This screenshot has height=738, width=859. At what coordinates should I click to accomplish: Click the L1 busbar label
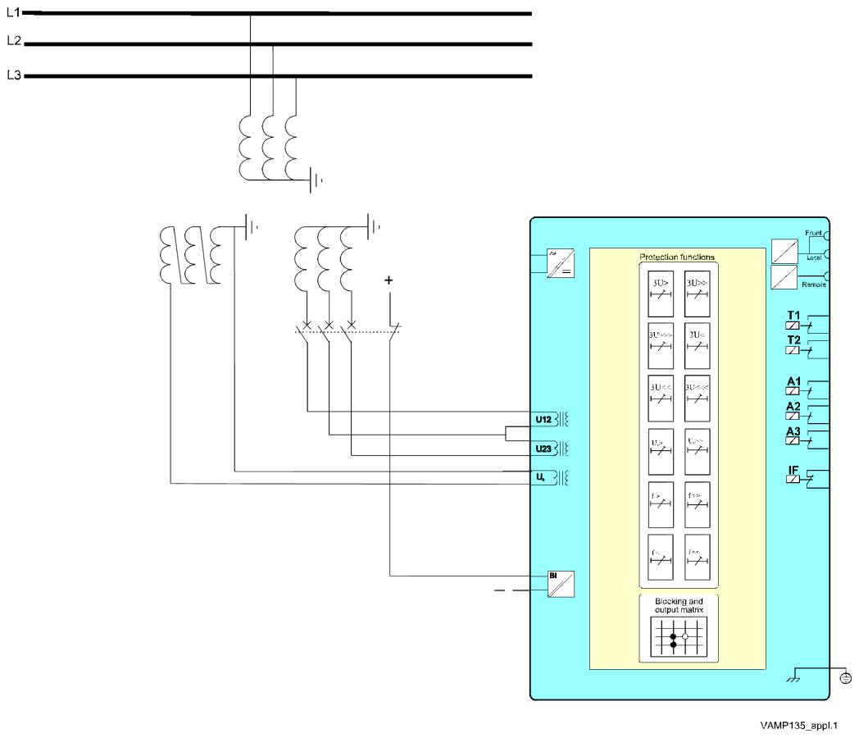(x=12, y=12)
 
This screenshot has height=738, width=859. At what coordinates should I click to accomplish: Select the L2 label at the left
(x=12, y=41)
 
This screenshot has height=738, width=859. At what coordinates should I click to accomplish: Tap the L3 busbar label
(x=12, y=75)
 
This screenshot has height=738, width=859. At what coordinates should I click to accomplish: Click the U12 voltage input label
(x=543, y=420)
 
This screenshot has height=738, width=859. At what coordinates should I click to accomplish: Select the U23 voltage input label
(x=543, y=449)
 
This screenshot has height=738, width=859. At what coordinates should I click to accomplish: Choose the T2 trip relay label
(x=793, y=340)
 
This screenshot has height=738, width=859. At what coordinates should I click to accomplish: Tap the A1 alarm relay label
(x=793, y=382)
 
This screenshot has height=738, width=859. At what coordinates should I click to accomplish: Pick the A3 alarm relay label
(x=793, y=431)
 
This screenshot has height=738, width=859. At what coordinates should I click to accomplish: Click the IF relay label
(x=793, y=470)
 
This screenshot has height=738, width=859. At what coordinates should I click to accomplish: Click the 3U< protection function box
(x=698, y=345)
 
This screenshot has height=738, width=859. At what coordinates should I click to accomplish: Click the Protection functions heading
(x=677, y=257)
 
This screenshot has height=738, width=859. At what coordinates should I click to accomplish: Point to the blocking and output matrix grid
(x=677, y=636)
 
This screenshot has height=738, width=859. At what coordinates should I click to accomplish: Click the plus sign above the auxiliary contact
(x=389, y=280)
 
